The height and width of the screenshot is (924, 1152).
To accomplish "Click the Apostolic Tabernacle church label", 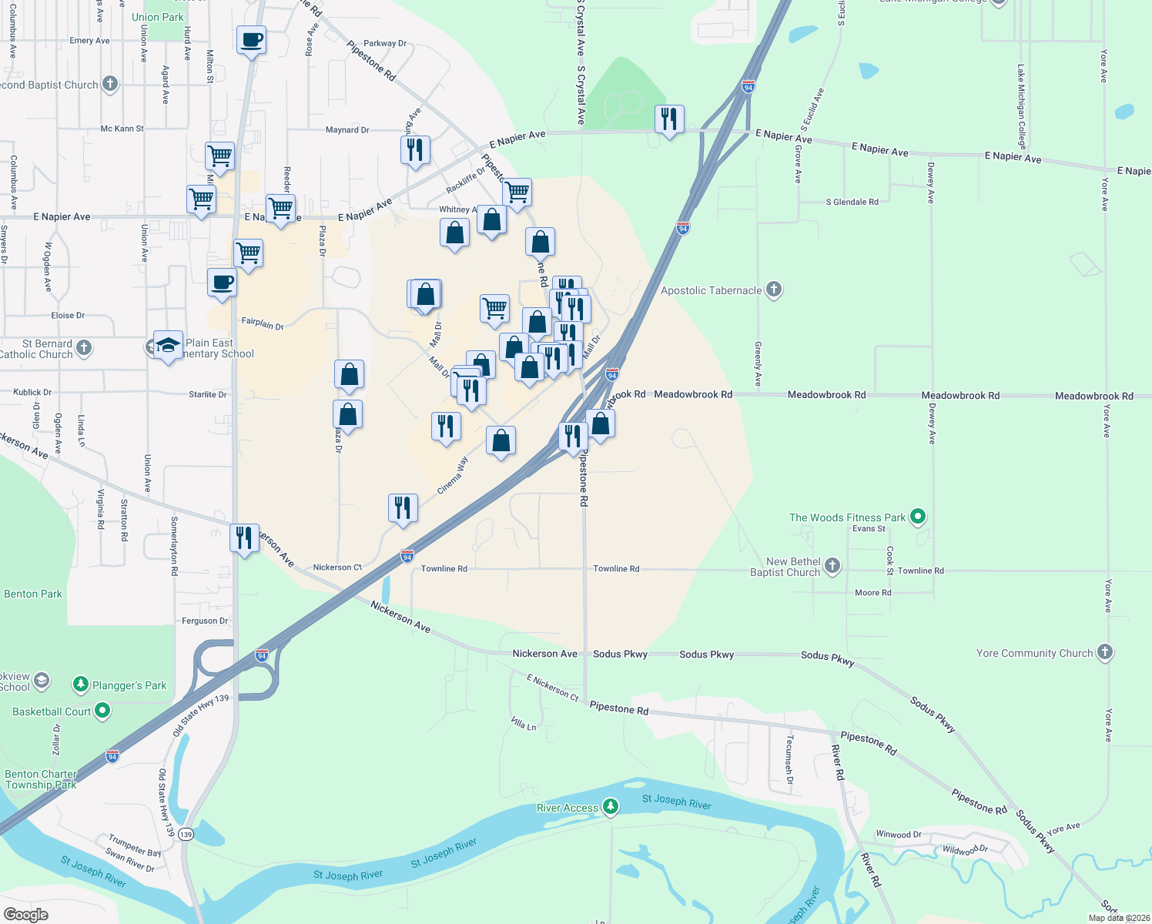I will tap(711, 290).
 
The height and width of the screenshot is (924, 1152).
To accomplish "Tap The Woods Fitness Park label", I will tap(847, 517).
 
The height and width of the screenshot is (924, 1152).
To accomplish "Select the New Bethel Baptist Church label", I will tap(785, 567).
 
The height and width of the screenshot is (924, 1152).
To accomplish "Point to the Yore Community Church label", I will tap(1034, 653).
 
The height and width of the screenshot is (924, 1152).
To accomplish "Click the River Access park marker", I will tap(611, 807).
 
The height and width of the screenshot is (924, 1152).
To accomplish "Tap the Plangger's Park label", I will tap(129, 685).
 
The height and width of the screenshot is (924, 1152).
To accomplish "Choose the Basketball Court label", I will tap(52, 711).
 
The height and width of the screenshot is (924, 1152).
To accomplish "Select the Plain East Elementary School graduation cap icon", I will tap(168, 345).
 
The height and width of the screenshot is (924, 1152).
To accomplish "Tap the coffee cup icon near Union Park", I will tap(251, 39).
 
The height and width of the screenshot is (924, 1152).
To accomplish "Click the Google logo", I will tap(26, 914).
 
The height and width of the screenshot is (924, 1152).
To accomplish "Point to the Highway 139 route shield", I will tap(186, 835).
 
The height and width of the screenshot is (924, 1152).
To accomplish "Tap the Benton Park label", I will tap(33, 594).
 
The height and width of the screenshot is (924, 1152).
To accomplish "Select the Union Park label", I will tap(158, 17).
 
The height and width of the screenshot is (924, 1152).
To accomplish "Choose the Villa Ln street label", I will tap(524, 723).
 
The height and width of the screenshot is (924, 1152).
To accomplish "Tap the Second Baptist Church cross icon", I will tap(110, 84).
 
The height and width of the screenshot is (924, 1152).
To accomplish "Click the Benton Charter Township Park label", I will tap(41, 779).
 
